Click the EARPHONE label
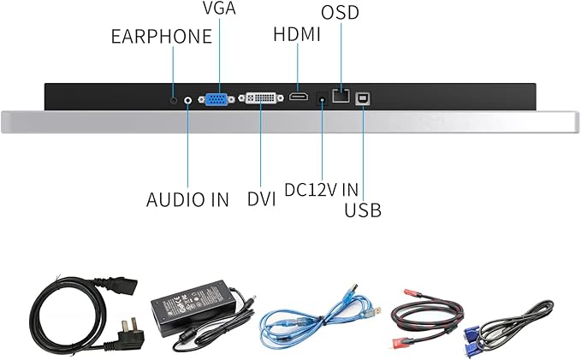coord(161,36)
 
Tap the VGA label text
coord(219,9)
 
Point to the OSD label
coord(340,12)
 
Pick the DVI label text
coord(261,199)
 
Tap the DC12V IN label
coord(321,189)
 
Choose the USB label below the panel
coord(362,210)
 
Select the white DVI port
coord(261,99)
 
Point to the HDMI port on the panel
coord(299,98)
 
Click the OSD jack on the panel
coord(341,98)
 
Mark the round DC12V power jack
coord(322,98)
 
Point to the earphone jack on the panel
coord(174,98)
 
